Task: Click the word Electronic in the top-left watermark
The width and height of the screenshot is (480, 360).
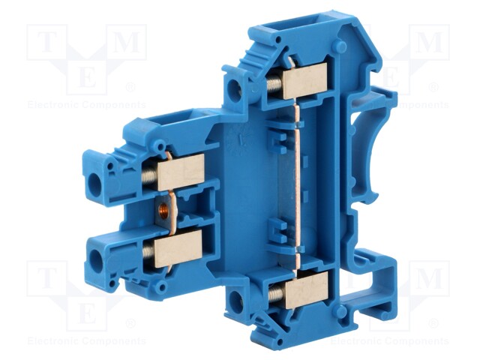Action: click(52, 106)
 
